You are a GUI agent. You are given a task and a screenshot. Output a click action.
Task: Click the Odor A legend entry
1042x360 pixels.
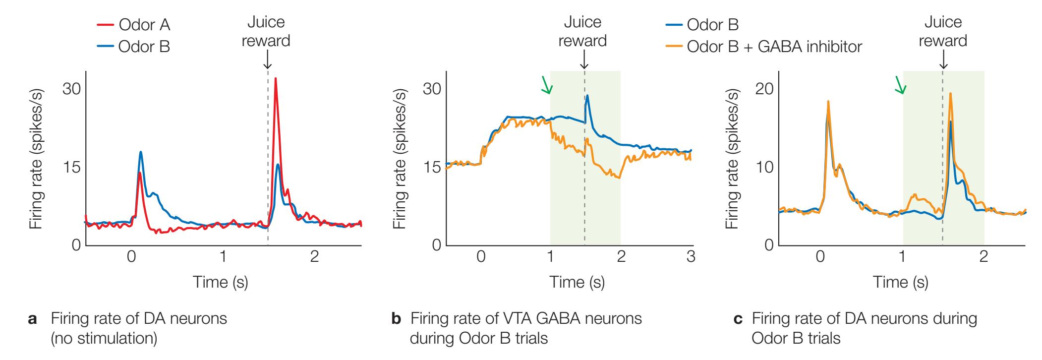coord(144,25)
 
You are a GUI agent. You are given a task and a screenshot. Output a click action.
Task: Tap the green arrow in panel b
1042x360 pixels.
coord(546,85)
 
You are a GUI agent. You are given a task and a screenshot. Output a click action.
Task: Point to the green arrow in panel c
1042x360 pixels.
coord(900,85)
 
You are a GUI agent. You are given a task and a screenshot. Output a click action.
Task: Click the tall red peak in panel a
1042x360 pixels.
coord(275,79)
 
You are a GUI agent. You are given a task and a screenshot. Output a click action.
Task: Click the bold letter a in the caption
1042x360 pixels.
coord(32,319)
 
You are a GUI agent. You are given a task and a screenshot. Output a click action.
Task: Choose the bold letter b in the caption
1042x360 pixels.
coord(396,319)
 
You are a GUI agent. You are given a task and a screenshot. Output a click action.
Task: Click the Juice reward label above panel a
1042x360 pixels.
coord(266,32)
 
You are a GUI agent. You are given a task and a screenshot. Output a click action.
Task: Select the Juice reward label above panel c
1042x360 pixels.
coord(943,32)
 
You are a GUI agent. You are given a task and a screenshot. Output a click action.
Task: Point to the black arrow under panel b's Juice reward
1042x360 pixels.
coord(584,60)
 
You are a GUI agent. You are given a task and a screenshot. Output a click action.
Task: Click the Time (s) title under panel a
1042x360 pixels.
coord(220,282)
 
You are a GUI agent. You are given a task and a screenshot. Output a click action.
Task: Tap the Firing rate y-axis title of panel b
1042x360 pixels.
coord(399,159)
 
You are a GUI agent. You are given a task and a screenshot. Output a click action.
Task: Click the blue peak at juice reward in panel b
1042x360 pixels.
coord(587,96)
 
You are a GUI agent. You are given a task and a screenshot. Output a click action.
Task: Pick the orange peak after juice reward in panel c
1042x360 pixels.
coord(950,94)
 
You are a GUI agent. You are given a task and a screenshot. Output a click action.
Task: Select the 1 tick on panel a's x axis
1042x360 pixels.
coord(223,257)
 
